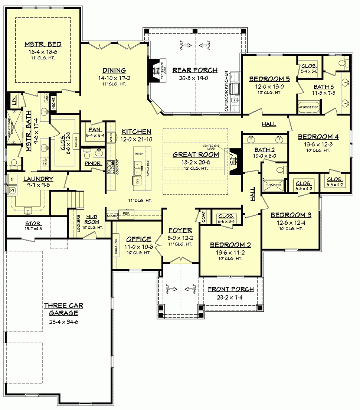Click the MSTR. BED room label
pos(43,44)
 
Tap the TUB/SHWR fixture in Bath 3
pos(308,106)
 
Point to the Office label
pos(138,239)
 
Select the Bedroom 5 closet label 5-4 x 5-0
pos(309,71)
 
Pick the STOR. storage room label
pos(33,224)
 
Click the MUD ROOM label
pos(92,219)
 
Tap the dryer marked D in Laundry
pos(12,179)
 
